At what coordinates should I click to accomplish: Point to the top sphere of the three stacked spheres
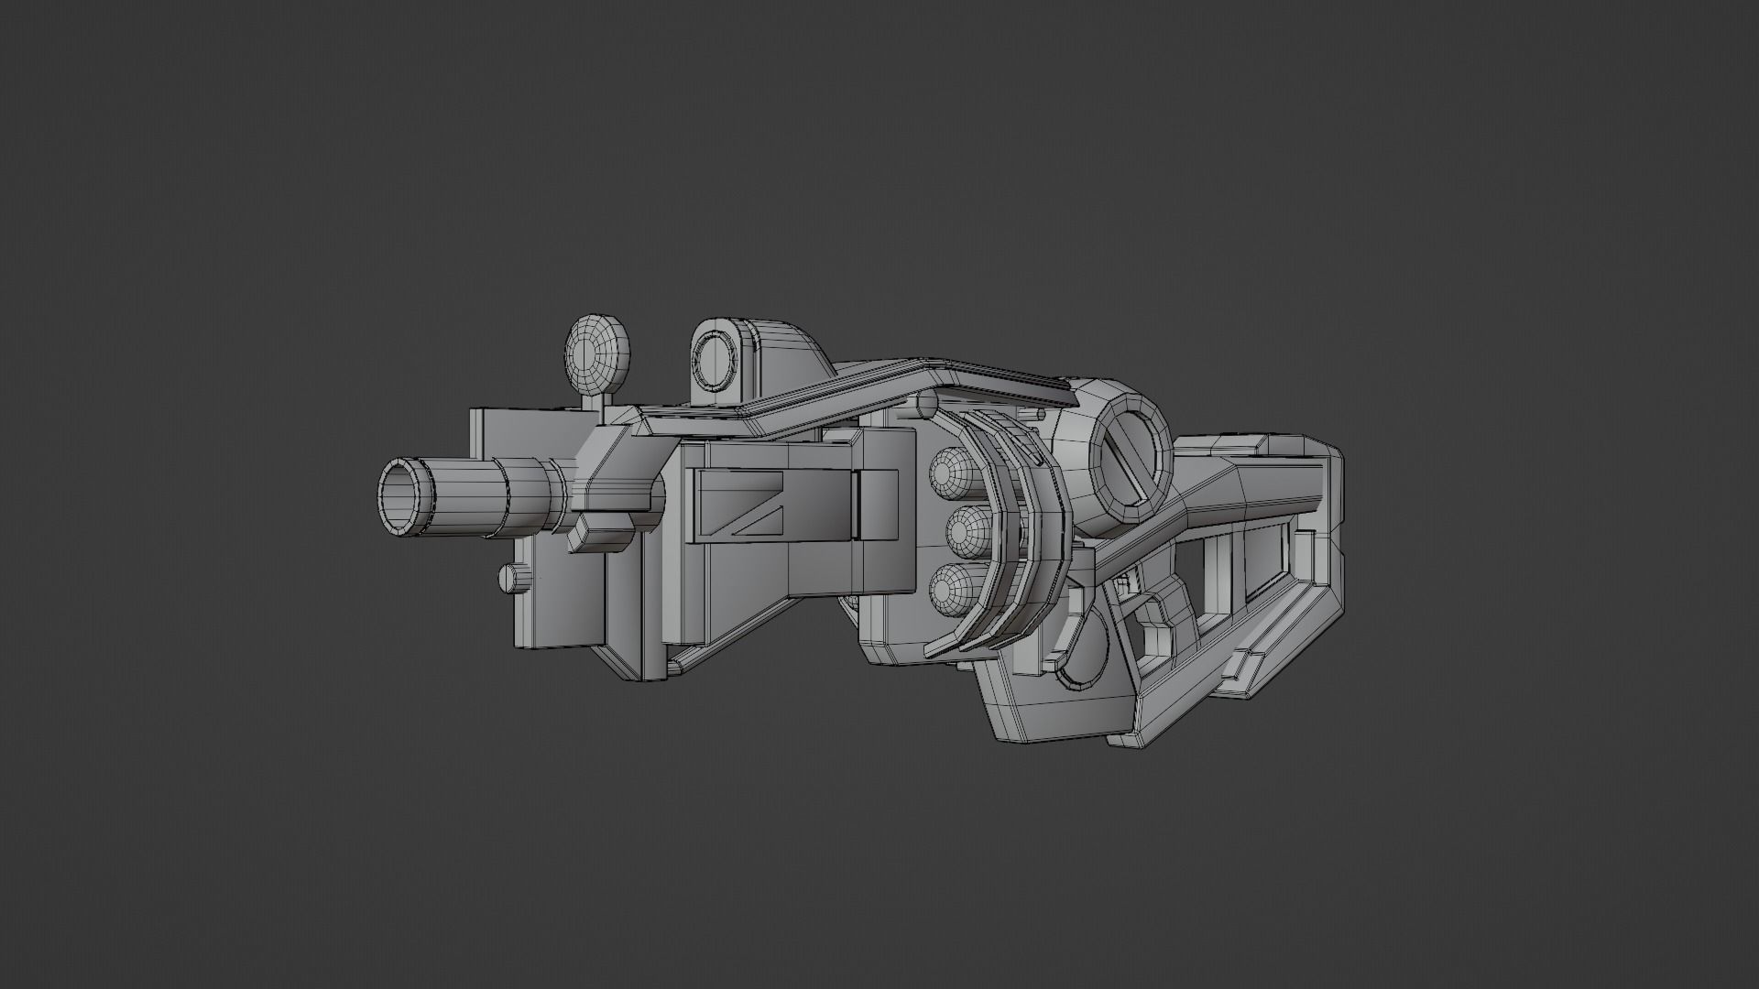[x=950, y=472]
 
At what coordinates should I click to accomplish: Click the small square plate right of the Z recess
[x=878, y=504]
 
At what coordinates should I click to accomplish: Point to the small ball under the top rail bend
[x=926, y=404]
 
